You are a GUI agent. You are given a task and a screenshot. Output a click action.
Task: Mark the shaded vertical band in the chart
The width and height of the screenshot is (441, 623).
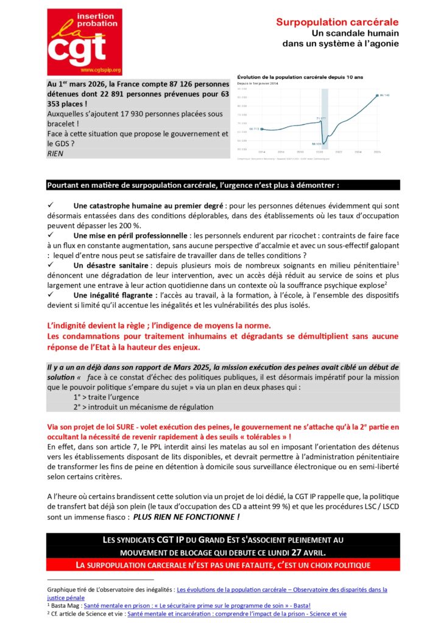pos(325,119)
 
